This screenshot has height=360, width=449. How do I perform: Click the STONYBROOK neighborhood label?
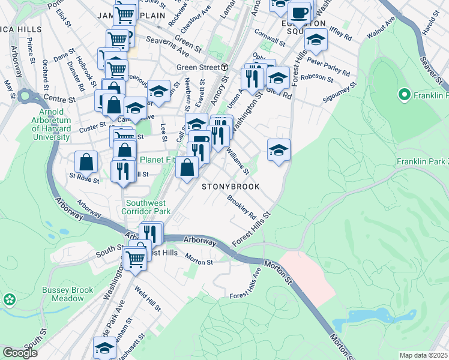231,187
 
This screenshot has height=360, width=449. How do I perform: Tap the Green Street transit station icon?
224,67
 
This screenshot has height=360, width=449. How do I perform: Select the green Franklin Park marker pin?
404,95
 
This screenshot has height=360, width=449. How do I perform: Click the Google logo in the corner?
20,353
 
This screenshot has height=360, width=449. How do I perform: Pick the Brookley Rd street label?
242,206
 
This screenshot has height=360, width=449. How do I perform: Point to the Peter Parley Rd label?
330,68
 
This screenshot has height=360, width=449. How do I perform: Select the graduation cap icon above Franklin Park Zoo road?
279,149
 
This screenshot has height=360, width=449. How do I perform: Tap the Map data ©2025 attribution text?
424,355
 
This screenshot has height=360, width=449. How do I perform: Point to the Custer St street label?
93,127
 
